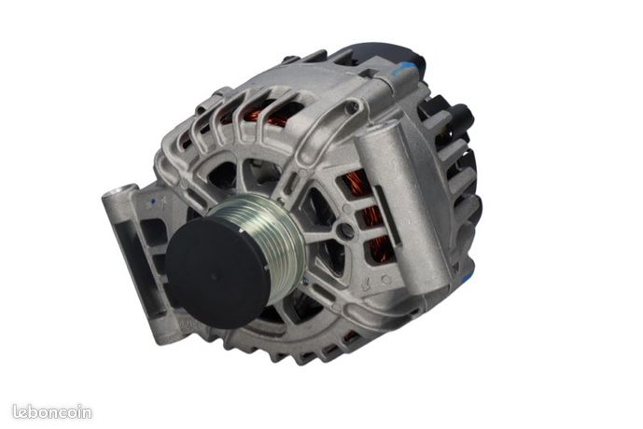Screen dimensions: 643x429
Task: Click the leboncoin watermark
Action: [x=51, y=411]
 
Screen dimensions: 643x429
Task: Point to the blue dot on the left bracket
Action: [x=153, y=201]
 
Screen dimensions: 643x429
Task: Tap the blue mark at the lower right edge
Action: [x=467, y=277]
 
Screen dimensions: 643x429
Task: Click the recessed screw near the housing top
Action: [x=352, y=108]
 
